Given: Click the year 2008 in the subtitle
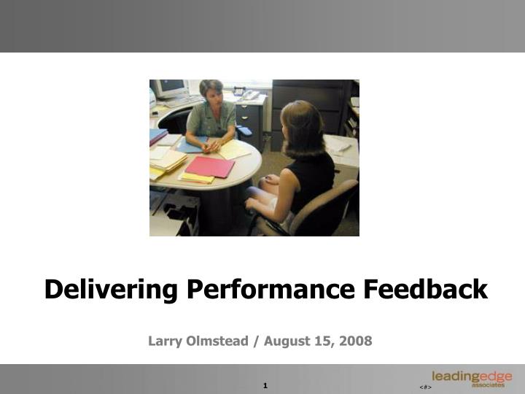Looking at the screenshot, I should point(355,341).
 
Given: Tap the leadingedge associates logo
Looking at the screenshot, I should point(471,379).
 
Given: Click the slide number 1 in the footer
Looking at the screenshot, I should point(265,385).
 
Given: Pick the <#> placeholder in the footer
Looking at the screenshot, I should point(426,386).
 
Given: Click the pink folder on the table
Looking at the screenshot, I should point(209,166).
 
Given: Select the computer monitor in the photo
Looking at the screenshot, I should point(171,89).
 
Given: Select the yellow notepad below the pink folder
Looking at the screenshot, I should point(197,178).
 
